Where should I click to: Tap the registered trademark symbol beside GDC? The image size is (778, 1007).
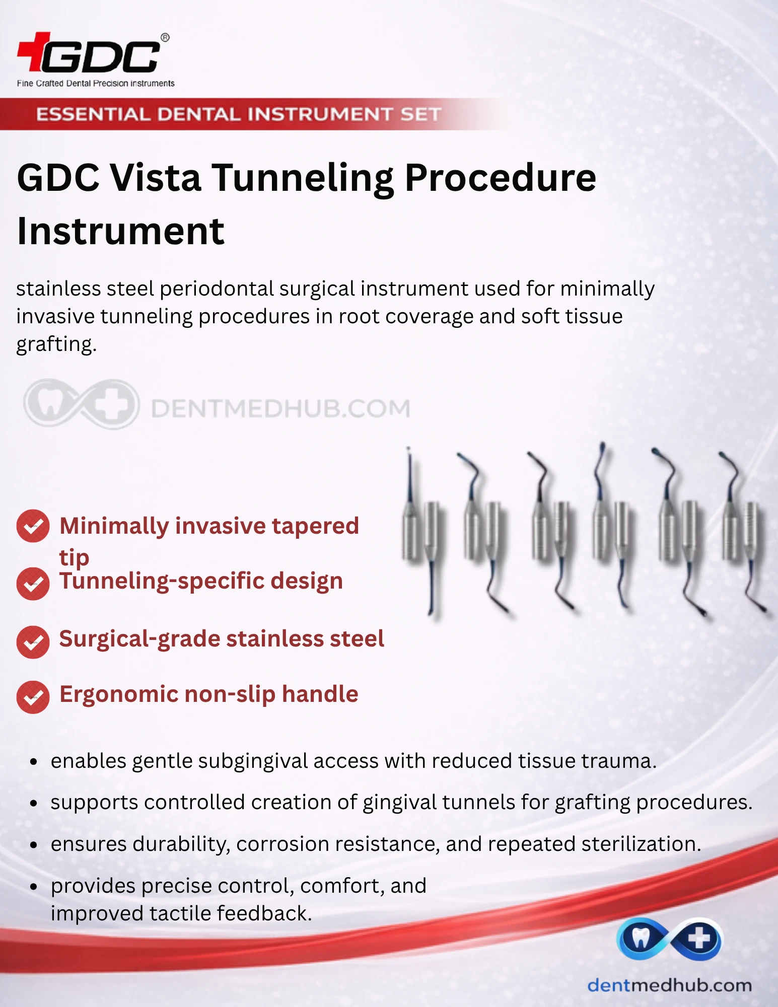165,38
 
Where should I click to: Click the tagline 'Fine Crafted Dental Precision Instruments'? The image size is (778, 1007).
96,84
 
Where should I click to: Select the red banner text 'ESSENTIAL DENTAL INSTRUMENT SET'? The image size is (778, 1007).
239,114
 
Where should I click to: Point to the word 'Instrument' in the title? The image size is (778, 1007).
121,232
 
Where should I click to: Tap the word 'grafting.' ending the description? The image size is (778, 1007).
56,345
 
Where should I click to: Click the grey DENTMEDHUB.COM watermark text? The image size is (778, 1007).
280,408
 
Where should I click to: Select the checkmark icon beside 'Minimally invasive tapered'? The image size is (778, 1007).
33,526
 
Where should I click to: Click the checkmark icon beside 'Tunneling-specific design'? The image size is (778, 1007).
33,584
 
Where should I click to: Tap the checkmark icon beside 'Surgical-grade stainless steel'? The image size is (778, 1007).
33,642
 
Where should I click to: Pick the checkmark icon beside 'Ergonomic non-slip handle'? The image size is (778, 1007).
33,697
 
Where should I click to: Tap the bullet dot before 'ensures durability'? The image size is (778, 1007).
34,845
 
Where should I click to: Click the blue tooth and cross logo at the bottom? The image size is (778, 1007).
669,939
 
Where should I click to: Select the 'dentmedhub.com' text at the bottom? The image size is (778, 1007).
670,985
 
